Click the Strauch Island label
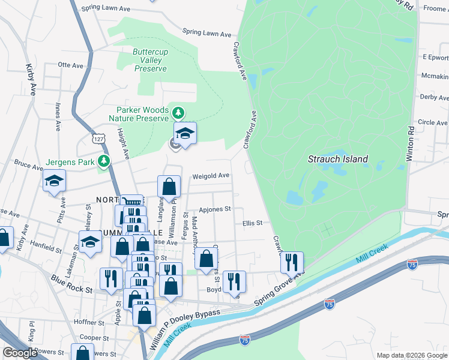[x=337, y=160]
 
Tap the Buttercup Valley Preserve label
[x=150, y=61]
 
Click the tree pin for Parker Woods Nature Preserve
[x=178, y=112]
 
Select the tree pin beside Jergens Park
[x=104, y=161]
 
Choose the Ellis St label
[x=253, y=223]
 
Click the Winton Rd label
[x=411, y=143]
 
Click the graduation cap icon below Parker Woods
[x=185, y=134]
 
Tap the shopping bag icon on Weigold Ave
[x=169, y=187]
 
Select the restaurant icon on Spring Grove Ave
[x=292, y=263]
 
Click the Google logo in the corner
[x=20, y=353]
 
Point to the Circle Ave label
[x=433, y=122]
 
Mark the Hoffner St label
[x=89, y=322]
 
